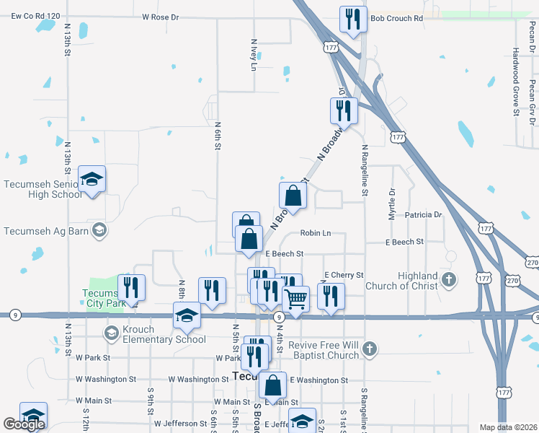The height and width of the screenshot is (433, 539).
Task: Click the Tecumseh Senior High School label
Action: [43, 189]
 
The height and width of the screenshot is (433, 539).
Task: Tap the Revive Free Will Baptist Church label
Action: [324, 350]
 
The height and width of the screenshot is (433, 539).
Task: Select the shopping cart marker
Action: [296, 298]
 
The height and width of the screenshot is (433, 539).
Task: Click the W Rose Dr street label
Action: [160, 16]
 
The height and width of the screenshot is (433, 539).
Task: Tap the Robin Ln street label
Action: [316, 233]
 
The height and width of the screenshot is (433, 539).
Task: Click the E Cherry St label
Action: [344, 275]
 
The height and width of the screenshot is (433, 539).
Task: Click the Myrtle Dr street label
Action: [393, 204]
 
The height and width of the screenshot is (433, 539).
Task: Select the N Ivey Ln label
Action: [253, 55]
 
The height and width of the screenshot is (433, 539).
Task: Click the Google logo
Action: [24, 424]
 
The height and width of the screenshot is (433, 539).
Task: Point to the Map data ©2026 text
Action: [507, 427]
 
